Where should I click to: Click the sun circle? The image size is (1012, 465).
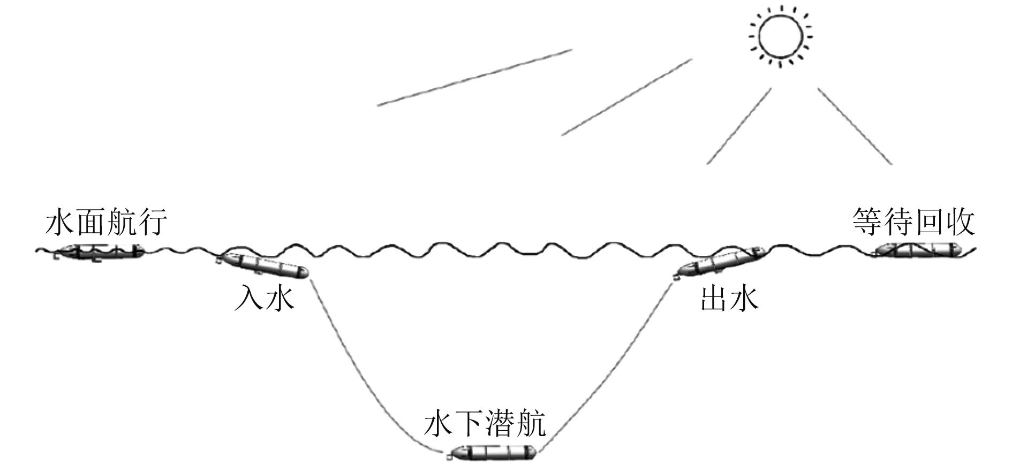780,36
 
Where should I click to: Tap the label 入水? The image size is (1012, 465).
265,299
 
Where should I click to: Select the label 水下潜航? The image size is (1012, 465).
485,424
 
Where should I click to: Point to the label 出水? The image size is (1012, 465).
729,299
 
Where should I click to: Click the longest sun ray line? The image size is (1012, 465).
474,78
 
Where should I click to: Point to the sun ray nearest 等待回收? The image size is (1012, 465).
855,126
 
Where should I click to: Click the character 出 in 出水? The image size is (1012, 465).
715,299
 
